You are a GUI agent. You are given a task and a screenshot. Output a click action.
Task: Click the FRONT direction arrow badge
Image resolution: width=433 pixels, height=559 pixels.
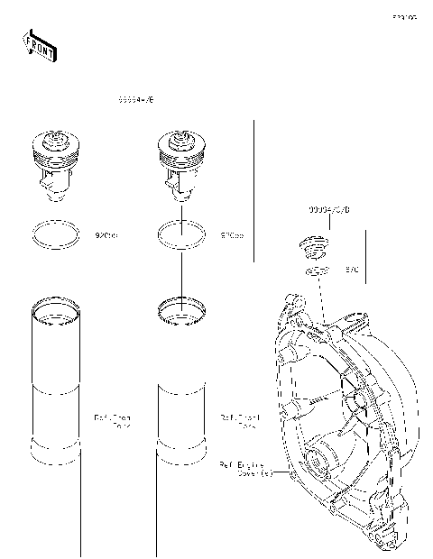pyautogui.click(x=39, y=45)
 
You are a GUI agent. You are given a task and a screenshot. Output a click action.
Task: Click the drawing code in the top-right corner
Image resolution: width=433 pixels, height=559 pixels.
pyautogui.click(x=403, y=17)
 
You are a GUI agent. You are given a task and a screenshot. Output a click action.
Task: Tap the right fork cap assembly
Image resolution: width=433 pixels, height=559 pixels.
pyautogui.click(x=183, y=160)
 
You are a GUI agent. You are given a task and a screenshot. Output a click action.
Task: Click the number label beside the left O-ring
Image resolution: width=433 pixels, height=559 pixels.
pyautogui.click(x=106, y=235)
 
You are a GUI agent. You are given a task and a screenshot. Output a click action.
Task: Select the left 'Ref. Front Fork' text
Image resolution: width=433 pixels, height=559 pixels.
pyautogui.click(x=113, y=421)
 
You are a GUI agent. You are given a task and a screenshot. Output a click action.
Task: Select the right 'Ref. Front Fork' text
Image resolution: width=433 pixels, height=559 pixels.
pyautogui.click(x=239, y=421)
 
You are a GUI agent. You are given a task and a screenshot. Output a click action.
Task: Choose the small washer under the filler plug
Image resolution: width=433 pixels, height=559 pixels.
pyautogui.click(x=316, y=271)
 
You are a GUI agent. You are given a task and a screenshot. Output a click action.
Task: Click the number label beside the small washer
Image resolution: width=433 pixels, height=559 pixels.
pyautogui.click(x=352, y=270)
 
